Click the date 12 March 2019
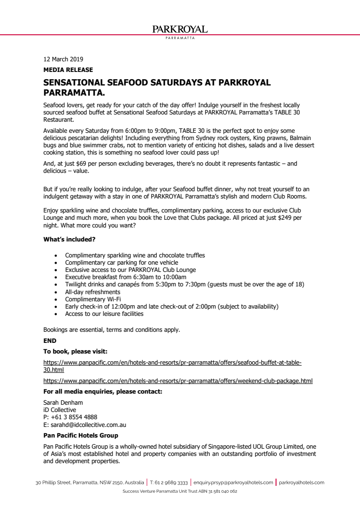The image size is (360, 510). (63, 59)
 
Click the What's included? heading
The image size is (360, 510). (69, 239)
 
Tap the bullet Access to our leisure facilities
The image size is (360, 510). (104, 314)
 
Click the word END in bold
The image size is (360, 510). (50, 340)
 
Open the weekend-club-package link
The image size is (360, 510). (178, 381)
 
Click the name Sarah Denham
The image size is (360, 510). (63, 403)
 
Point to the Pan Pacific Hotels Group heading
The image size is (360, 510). (81, 436)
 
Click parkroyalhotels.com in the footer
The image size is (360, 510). (302, 482)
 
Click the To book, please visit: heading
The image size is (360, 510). (75, 351)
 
